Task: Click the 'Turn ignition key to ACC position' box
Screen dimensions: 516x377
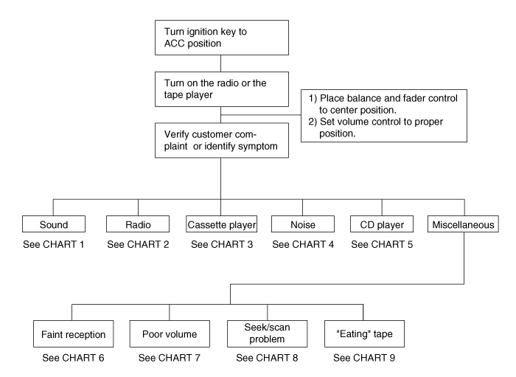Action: click(x=222, y=38)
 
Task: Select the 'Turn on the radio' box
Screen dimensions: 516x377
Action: click(x=222, y=89)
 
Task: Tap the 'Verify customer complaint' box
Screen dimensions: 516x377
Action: click(x=222, y=141)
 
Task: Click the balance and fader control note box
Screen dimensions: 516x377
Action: click(x=384, y=116)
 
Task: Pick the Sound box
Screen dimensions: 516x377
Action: click(x=54, y=224)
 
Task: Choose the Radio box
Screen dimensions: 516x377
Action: click(x=138, y=224)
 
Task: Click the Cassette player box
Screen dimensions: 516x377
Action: click(x=221, y=224)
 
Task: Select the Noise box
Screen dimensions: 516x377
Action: click(x=303, y=224)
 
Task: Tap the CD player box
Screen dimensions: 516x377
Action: click(x=382, y=224)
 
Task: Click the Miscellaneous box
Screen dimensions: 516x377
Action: click(x=463, y=224)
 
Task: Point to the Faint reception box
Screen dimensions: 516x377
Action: click(x=74, y=334)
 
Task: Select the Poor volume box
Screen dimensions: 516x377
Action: click(x=170, y=334)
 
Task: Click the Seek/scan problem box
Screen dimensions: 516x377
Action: click(x=267, y=334)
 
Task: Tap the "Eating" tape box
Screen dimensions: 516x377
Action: click(x=364, y=334)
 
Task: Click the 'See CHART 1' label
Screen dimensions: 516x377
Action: click(x=54, y=244)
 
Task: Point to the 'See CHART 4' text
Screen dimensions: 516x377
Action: click(x=303, y=244)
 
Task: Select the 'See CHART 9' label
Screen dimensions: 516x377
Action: click(x=364, y=358)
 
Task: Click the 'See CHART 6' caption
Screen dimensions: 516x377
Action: click(x=73, y=358)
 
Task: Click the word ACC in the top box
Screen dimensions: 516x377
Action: click(x=175, y=44)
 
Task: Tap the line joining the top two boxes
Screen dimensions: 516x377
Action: click(x=221, y=63)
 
